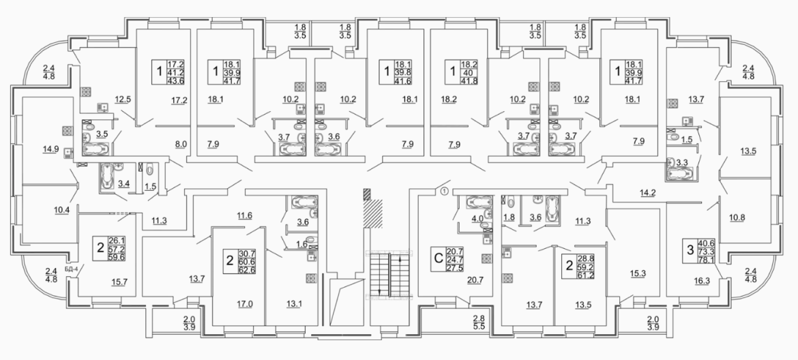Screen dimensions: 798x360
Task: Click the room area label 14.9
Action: pos(50,149)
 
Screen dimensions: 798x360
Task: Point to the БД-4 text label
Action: pos(71,269)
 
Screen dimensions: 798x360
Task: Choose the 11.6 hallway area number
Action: pos(245,216)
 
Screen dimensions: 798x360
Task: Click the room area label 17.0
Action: pos(246,305)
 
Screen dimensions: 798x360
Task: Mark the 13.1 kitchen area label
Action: pos(294,305)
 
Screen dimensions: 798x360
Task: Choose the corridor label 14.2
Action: pos(647,193)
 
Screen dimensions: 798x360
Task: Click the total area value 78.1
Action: pos(705,259)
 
